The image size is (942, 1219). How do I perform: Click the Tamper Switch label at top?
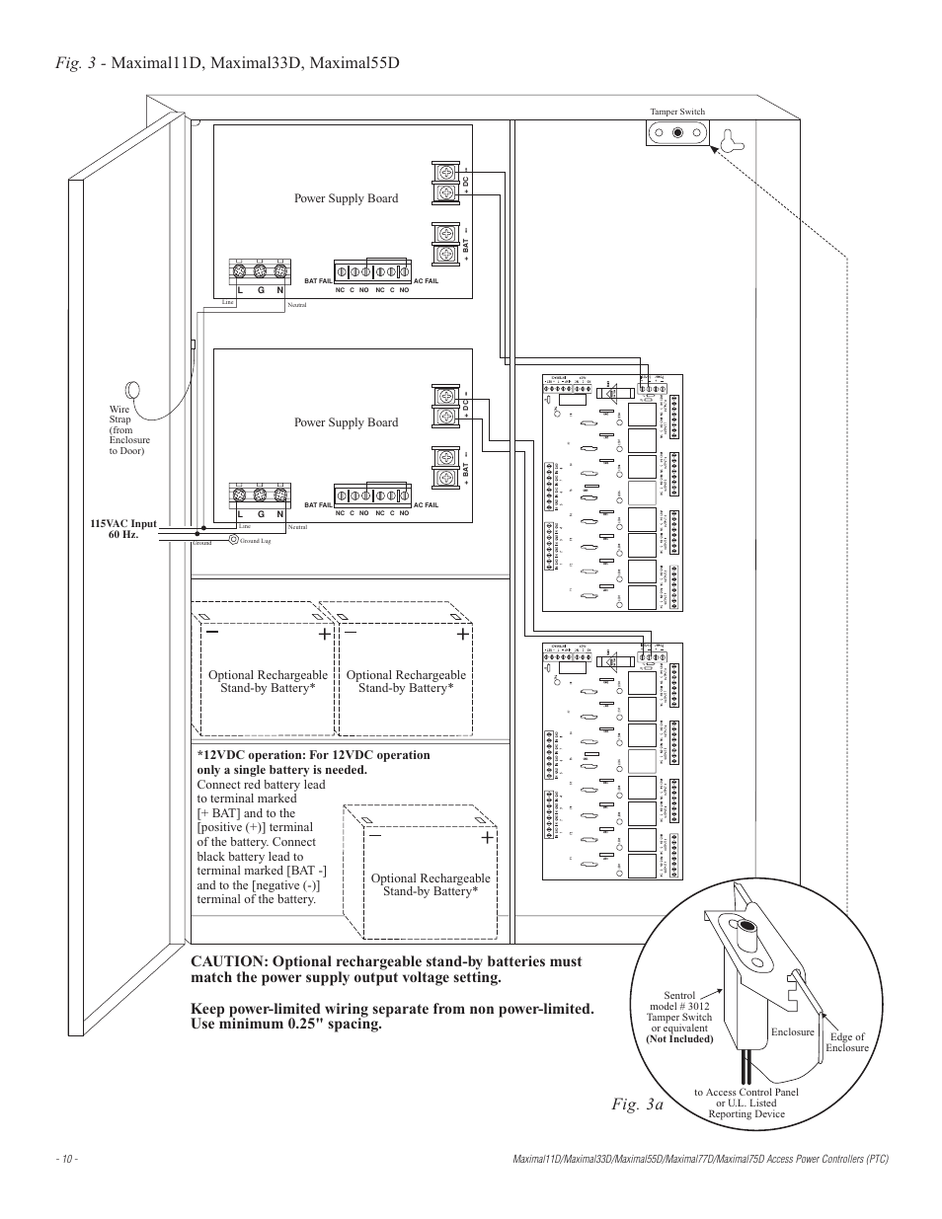[x=676, y=113]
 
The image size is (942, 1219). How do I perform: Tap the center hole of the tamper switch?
[x=677, y=132]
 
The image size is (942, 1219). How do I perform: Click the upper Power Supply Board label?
[x=346, y=198]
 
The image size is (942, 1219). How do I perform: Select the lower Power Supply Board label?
[x=346, y=422]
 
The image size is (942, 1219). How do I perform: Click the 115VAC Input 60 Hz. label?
[x=125, y=528]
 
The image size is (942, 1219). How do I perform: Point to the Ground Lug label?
[x=255, y=541]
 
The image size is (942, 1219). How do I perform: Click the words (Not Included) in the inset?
[x=679, y=1039]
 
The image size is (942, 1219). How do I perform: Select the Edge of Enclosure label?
[x=846, y=1042]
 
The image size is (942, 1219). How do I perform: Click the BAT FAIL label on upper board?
[x=318, y=281]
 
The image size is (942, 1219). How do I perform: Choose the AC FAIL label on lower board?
[x=426, y=505]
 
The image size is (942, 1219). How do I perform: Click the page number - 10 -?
[x=68, y=1159]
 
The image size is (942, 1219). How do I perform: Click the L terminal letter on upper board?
[x=240, y=290]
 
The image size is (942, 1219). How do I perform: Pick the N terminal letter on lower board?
[x=279, y=514]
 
